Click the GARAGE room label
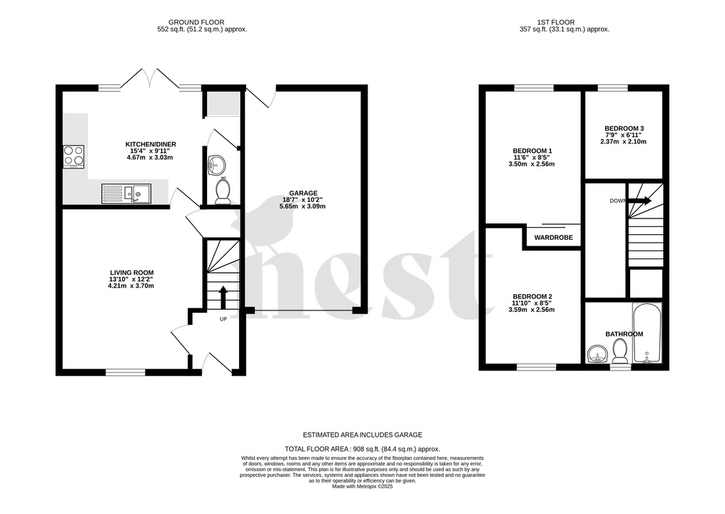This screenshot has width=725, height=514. pyautogui.click(x=303, y=193)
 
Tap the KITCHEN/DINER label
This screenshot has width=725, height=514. pyautogui.click(x=150, y=144)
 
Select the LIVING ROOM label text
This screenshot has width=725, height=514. pyautogui.click(x=131, y=272)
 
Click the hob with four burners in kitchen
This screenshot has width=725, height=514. pyautogui.click(x=73, y=156)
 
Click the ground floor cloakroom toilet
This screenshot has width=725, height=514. pyautogui.click(x=222, y=191)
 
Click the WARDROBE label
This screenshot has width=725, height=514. pyautogui.click(x=554, y=238)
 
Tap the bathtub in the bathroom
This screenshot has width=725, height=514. pyautogui.click(x=648, y=333)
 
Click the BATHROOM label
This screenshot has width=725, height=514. pyautogui.click(x=624, y=334)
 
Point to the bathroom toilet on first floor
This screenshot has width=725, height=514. pyautogui.click(x=619, y=351)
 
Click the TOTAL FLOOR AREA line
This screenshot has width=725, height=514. pyautogui.click(x=362, y=449)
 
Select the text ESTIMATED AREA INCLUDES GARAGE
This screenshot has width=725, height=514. pyautogui.click(x=362, y=435)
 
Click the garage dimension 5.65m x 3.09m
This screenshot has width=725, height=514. pyautogui.click(x=303, y=206)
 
